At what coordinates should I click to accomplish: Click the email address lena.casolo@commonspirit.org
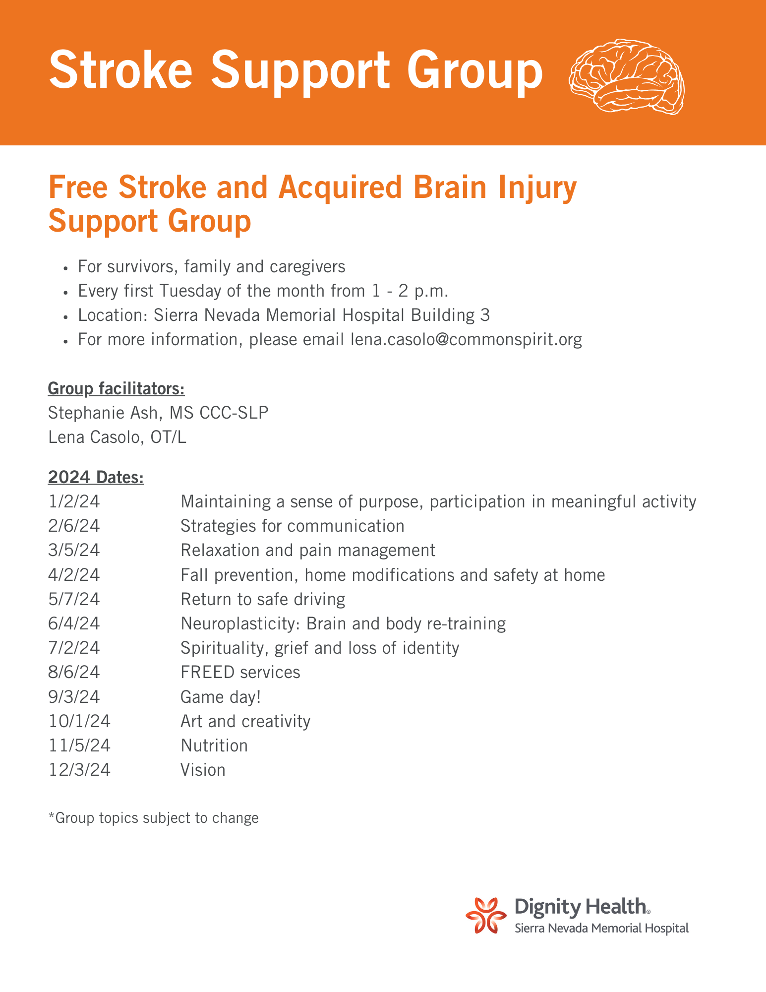(466, 340)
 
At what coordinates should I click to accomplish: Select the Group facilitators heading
(117, 389)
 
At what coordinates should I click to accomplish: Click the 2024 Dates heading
(96, 477)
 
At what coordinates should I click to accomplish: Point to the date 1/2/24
(74, 502)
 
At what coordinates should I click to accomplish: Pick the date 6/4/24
(74, 623)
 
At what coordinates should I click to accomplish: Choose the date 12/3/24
(80, 770)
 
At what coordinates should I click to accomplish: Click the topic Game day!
(221, 697)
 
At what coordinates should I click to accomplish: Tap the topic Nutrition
(214, 745)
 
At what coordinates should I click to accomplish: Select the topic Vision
(203, 770)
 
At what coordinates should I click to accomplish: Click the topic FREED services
(240, 673)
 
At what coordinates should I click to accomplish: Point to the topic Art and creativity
(245, 721)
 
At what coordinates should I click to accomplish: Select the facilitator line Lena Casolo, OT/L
(118, 437)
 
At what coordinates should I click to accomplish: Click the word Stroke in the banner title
(121, 70)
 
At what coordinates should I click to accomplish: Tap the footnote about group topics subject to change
(154, 818)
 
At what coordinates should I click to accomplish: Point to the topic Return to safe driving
(263, 600)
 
